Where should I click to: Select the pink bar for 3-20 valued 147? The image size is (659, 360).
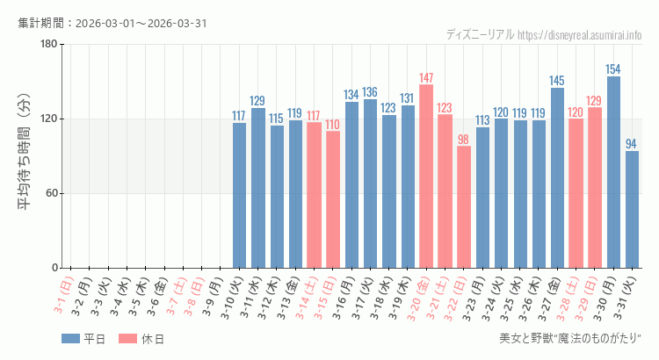pyautogui.click(x=426, y=176)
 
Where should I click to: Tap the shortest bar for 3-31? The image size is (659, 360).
pyautogui.click(x=632, y=210)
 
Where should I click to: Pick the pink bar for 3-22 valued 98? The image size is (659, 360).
pyautogui.click(x=464, y=207)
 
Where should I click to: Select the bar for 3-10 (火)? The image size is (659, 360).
pyautogui.click(x=239, y=195)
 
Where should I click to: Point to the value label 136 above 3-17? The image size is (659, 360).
pyautogui.click(x=370, y=92)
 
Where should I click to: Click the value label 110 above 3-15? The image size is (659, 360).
pyautogui.click(x=333, y=125)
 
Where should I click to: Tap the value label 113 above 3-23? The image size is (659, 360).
pyautogui.click(x=482, y=120)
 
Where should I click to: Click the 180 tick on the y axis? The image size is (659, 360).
pyautogui.click(x=48, y=45)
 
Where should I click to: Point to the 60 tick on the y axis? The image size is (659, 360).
pyautogui.click(x=51, y=193)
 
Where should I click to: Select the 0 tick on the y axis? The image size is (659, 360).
pyautogui.click(x=54, y=268)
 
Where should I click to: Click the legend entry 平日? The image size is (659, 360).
pyautogui.click(x=83, y=339)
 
